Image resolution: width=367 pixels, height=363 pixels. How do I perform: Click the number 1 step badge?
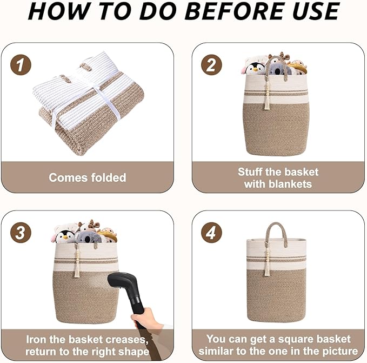pyautogui.click(x=21, y=65)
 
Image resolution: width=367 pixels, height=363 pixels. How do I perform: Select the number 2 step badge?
pyautogui.click(x=211, y=65)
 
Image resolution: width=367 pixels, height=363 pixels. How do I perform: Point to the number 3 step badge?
pyautogui.click(x=21, y=233)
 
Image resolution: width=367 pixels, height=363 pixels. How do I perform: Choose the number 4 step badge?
pyautogui.click(x=211, y=233)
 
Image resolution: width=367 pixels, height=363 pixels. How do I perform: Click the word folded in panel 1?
pyautogui.click(x=109, y=177)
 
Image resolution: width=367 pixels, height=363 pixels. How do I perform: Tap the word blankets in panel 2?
pyautogui.click(x=290, y=184)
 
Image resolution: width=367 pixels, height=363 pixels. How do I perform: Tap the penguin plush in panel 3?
pyautogui.click(x=64, y=236)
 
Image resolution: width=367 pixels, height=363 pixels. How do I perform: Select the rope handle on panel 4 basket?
pyautogui.click(x=276, y=234)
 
